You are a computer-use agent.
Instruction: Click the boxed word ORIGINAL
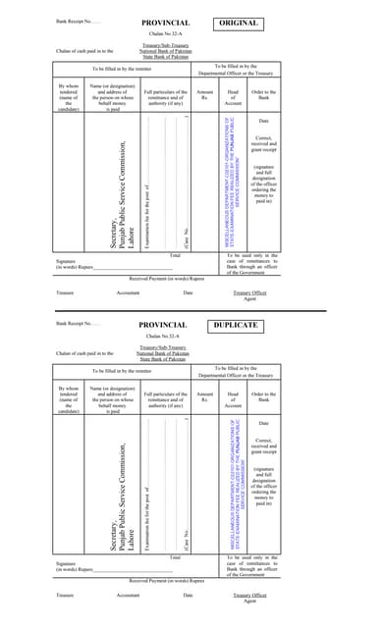point(239,22)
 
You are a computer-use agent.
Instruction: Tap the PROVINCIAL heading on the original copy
point(165,22)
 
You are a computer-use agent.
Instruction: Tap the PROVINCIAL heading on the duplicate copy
point(162,325)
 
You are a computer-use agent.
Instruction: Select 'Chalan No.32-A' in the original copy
point(163,33)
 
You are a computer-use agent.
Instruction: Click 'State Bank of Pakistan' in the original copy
point(163,57)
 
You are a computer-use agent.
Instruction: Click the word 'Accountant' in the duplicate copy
point(128,595)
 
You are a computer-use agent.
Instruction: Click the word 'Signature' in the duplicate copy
point(67,563)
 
